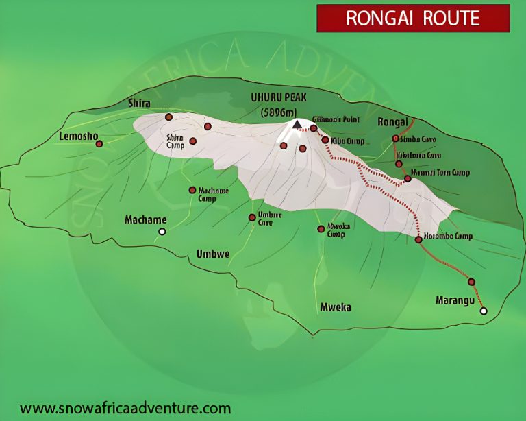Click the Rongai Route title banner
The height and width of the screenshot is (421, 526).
click(x=413, y=19)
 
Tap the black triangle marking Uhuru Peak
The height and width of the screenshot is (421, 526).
click(x=297, y=124)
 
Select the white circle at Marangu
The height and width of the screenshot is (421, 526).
click(x=484, y=311)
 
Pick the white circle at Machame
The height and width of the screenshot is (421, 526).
click(x=162, y=232)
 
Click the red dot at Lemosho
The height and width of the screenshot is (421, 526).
click(x=99, y=144)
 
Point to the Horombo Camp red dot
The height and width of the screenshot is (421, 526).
click(x=418, y=239)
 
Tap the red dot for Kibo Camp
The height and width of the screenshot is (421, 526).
click(x=325, y=140)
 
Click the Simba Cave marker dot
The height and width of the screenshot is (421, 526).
click(x=395, y=139)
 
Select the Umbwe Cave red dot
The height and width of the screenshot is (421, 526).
click(x=251, y=217)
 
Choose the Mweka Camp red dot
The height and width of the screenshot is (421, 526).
click(x=321, y=229)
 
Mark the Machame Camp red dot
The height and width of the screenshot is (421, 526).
click(x=192, y=190)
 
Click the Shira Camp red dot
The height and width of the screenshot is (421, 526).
click(x=193, y=141)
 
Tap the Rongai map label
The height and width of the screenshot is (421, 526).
click(x=392, y=122)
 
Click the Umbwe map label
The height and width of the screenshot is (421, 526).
click(x=213, y=254)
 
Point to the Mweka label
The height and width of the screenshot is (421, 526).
click(x=336, y=307)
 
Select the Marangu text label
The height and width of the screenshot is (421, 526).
click(x=455, y=300)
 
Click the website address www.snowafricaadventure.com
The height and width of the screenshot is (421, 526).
click(x=125, y=408)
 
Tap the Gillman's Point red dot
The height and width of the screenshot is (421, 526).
click(x=314, y=128)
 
